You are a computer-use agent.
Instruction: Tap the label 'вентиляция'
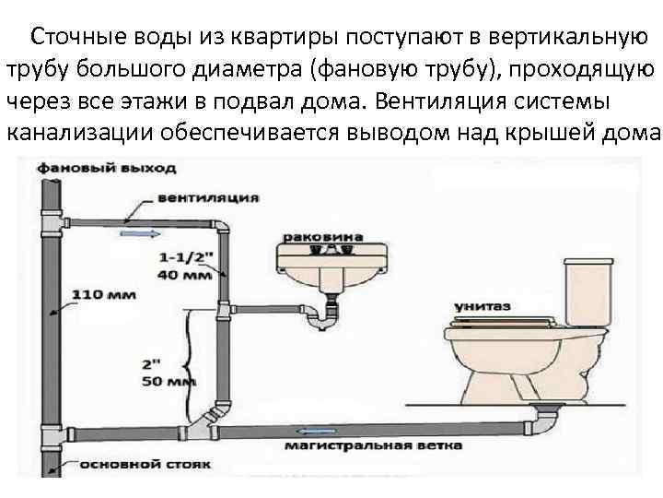click(x=195, y=197)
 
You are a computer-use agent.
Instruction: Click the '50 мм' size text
click(x=166, y=380)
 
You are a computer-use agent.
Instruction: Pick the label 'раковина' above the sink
click(x=309, y=237)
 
